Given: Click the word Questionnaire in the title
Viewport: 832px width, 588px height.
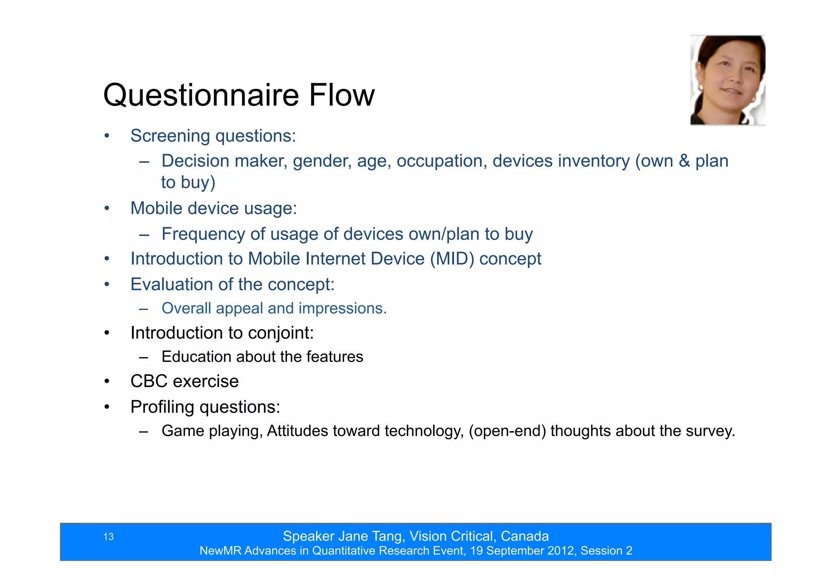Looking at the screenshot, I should pos(201,95).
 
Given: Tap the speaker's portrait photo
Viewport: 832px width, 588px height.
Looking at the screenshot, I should pos(728,80).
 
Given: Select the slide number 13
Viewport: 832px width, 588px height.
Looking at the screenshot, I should pos(108,537).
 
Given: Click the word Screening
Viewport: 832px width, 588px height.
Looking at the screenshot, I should pos(170,136).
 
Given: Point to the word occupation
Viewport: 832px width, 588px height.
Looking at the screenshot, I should pos(442,161).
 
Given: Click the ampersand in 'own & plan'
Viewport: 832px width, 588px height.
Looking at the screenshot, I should pos(685,161).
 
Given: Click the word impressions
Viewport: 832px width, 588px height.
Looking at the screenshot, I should pos(342,308).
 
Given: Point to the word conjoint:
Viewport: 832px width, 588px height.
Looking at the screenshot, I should pos(281,333).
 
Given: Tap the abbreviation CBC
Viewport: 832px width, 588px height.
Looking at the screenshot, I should pos(149,382).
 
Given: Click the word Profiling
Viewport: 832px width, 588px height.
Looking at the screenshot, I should pos(162,407).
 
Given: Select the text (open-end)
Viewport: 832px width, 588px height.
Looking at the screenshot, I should pos(507,431).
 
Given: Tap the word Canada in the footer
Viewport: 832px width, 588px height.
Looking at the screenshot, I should pos(524,536).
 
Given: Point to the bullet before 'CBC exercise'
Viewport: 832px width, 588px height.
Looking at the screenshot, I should pos(107,382).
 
